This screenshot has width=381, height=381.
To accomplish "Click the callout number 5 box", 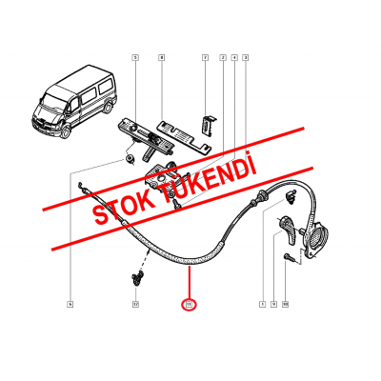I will pyautogui.click(x=135, y=58).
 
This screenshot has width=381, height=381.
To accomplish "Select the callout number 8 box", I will pyautogui.click(x=161, y=58).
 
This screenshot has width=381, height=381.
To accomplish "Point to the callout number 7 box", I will pyautogui.click(x=205, y=58).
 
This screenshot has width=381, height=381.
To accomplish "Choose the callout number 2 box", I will pyautogui.click(x=222, y=58).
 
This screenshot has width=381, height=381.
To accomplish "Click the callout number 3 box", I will pyautogui.click(x=246, y=58).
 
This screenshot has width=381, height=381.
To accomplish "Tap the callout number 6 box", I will pyautogui.click(x=70, y=304).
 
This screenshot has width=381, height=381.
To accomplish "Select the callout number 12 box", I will pyautogui.click(x=135, y=304).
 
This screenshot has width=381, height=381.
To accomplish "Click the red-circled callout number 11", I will pyautogui.click(x=189, y=305).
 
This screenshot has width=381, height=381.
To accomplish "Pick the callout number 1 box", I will pyautogui.click(x=261, y=304).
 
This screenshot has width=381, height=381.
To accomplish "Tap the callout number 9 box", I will pyautogui.click(x=272, y=304).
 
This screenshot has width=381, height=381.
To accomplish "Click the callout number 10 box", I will pyautogui.click(x=285, y=304).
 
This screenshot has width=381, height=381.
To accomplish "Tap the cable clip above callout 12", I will pyautogui.click(x=136, y=277).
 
